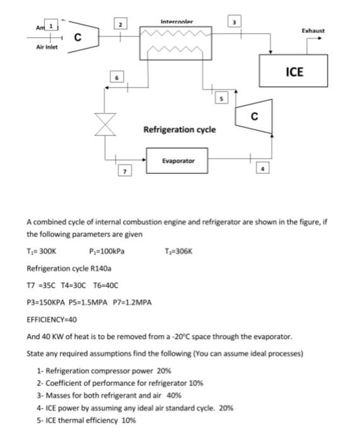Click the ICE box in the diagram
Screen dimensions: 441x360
tap(294, 71)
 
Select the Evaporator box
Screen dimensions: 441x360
tap(178, 160)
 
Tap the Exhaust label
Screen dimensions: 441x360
tap(313, 30)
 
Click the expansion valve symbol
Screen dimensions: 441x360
tap(104, 123)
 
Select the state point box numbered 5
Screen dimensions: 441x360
tap(221, 98)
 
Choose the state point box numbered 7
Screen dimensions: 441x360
tap(125, 171)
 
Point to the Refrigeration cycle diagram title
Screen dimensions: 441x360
tap(179, 129)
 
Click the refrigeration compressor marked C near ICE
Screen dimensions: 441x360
tap(254, 116)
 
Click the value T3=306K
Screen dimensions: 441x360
tap(181, 250)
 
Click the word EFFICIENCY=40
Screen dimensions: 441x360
tap(51, 319)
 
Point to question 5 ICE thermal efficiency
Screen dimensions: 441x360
tap(86, 420)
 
